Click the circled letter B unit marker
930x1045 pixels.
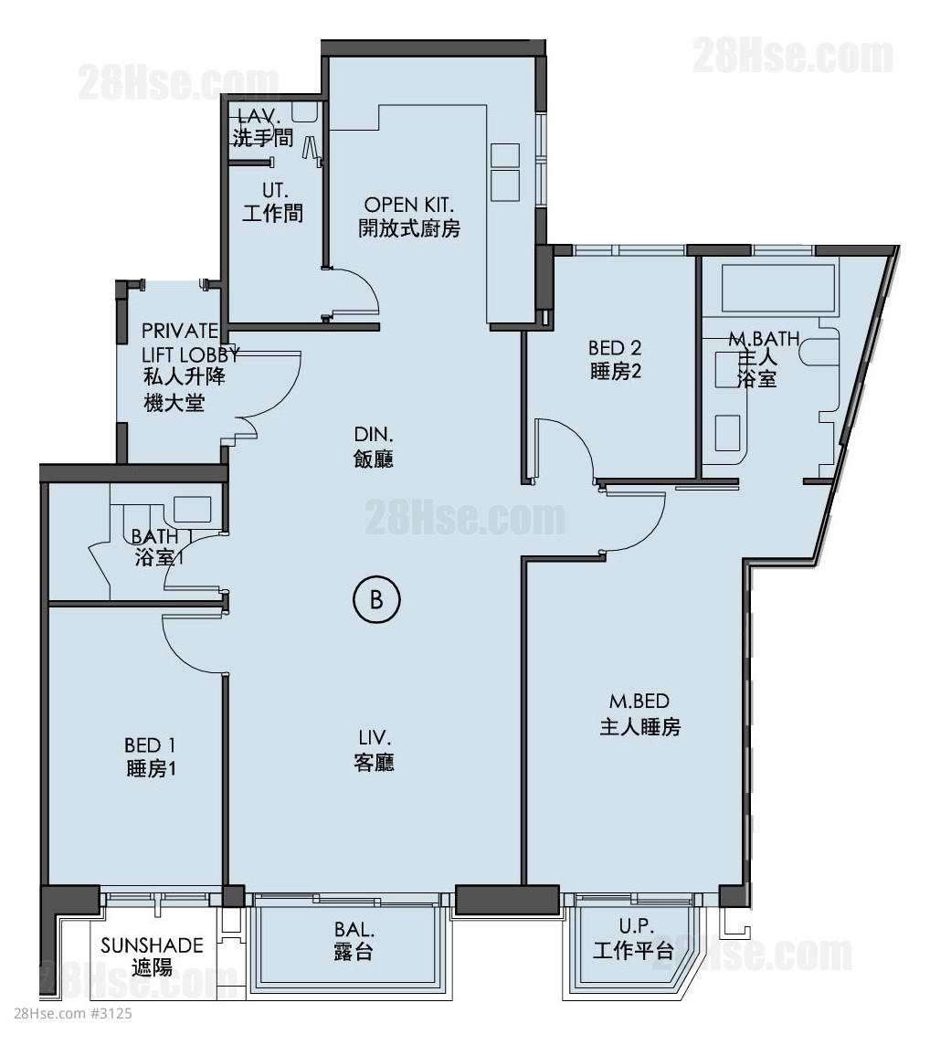coord(376,600)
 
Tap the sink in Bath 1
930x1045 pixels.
coord(193,510)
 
